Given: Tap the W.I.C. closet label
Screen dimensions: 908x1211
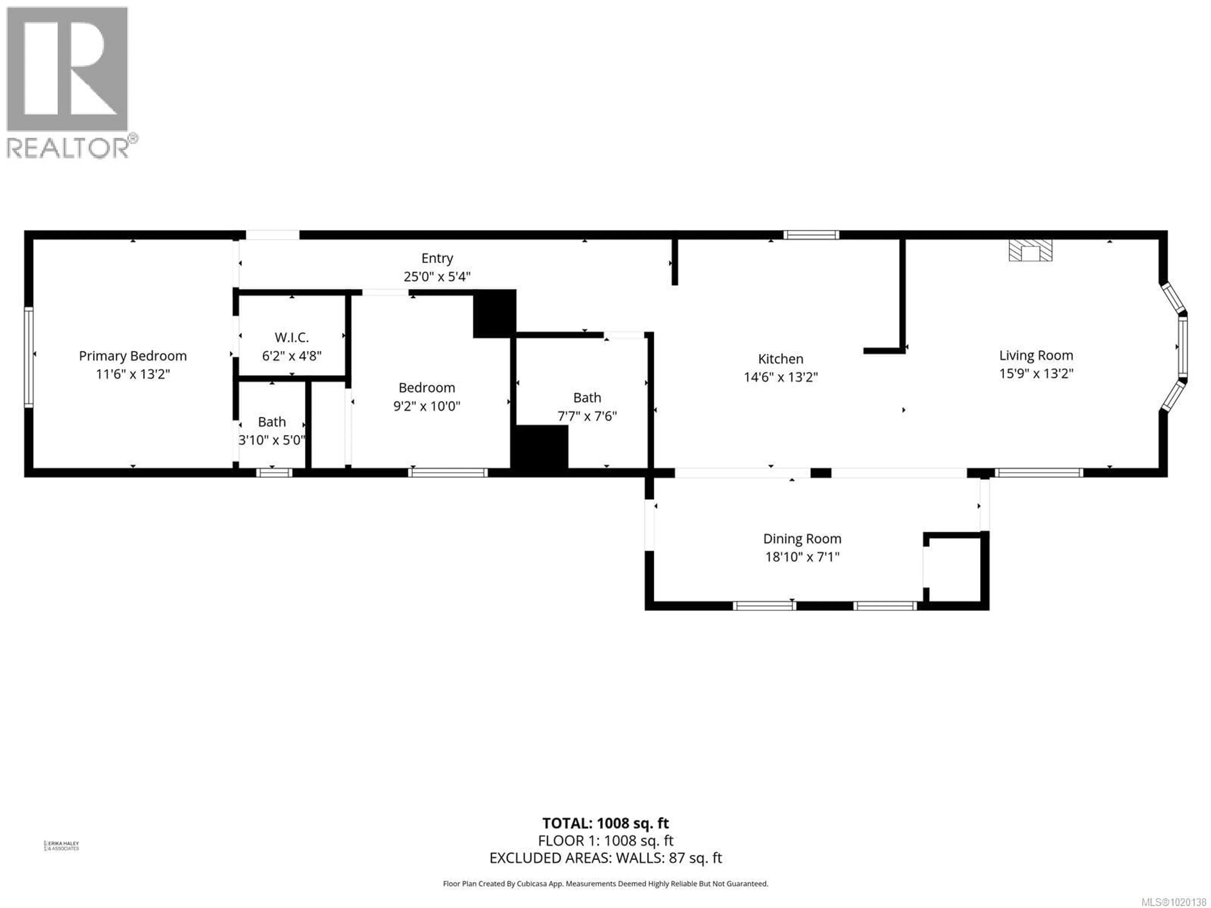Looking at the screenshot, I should tap(291, 337).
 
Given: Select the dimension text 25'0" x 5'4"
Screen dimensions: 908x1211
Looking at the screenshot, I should tap(437, 277).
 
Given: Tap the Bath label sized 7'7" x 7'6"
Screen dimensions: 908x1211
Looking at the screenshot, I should tap(587, 398).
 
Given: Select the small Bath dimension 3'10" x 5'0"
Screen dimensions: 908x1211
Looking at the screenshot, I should tap(272, 440).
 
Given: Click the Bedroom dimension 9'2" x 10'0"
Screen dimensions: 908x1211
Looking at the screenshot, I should tap(426, 406).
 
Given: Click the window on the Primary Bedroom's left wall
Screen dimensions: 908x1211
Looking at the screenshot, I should tap(28, 357).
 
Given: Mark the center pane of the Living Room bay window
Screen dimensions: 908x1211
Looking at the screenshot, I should tap(1183, 346).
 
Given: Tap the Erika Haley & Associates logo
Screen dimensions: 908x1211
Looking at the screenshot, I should tap(61, 846).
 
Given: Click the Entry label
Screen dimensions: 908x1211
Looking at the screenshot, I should tap(437, 258).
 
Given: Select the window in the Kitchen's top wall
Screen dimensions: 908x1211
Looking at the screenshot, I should tap(811, 235).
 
